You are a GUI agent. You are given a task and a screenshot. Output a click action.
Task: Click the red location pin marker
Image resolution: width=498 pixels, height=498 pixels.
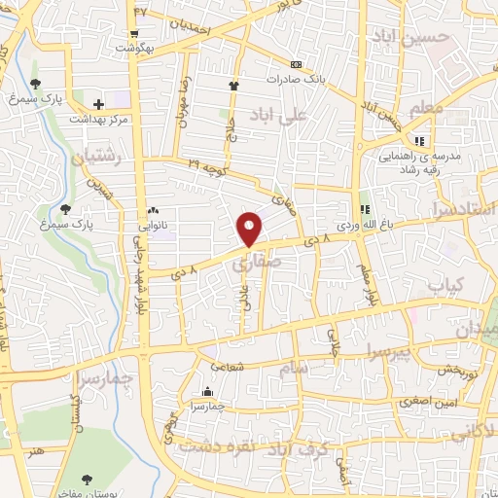[x=250, y=229]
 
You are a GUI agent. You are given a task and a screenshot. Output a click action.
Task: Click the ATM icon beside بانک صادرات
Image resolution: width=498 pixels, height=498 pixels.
[x=296, y=65]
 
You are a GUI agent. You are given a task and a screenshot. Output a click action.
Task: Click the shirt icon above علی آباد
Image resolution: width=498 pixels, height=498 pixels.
[x=233, y=87]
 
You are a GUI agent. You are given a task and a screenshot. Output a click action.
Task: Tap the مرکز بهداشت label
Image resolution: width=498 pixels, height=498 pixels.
[x=98, y=119]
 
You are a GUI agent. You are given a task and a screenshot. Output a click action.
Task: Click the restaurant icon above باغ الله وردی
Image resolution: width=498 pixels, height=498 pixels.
[x=367, y=208]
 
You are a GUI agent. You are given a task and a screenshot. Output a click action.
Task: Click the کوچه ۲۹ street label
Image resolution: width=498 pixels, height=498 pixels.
[x=208, y=165]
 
